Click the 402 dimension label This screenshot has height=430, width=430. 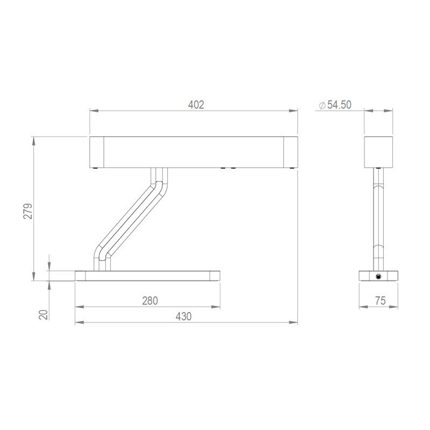196,105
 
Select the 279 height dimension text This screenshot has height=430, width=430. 28,211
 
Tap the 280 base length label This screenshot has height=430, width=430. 150,301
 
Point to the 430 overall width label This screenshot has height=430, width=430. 183,317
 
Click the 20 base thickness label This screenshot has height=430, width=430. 44,314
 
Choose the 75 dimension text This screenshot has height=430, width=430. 381,301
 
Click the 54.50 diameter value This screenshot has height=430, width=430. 339,105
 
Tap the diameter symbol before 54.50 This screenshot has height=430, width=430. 322,105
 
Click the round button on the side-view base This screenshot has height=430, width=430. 378,276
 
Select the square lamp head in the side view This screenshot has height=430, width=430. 378,152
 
